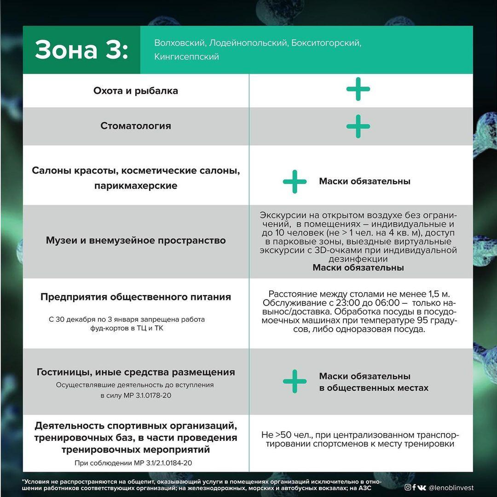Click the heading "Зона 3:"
tap(81, 50)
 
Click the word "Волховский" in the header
tap(179, 43)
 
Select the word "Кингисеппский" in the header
tap(187, 57)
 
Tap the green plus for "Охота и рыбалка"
tap(358, 89)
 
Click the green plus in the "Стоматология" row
tap(358, 126)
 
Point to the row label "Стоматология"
tap(136, 126)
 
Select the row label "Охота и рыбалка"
tap(136, 91)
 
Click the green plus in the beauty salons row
tap(295, 181)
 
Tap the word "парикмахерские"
tap(136, 186)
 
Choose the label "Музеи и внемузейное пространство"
tap(136, 240)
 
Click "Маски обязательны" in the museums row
tap(358, 267)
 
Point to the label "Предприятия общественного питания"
tap(136, 297)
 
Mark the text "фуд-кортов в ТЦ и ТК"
tap(127, 329)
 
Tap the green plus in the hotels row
tap(295, 381)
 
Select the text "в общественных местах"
tap(374, 388)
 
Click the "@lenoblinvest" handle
tap(451, 488)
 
